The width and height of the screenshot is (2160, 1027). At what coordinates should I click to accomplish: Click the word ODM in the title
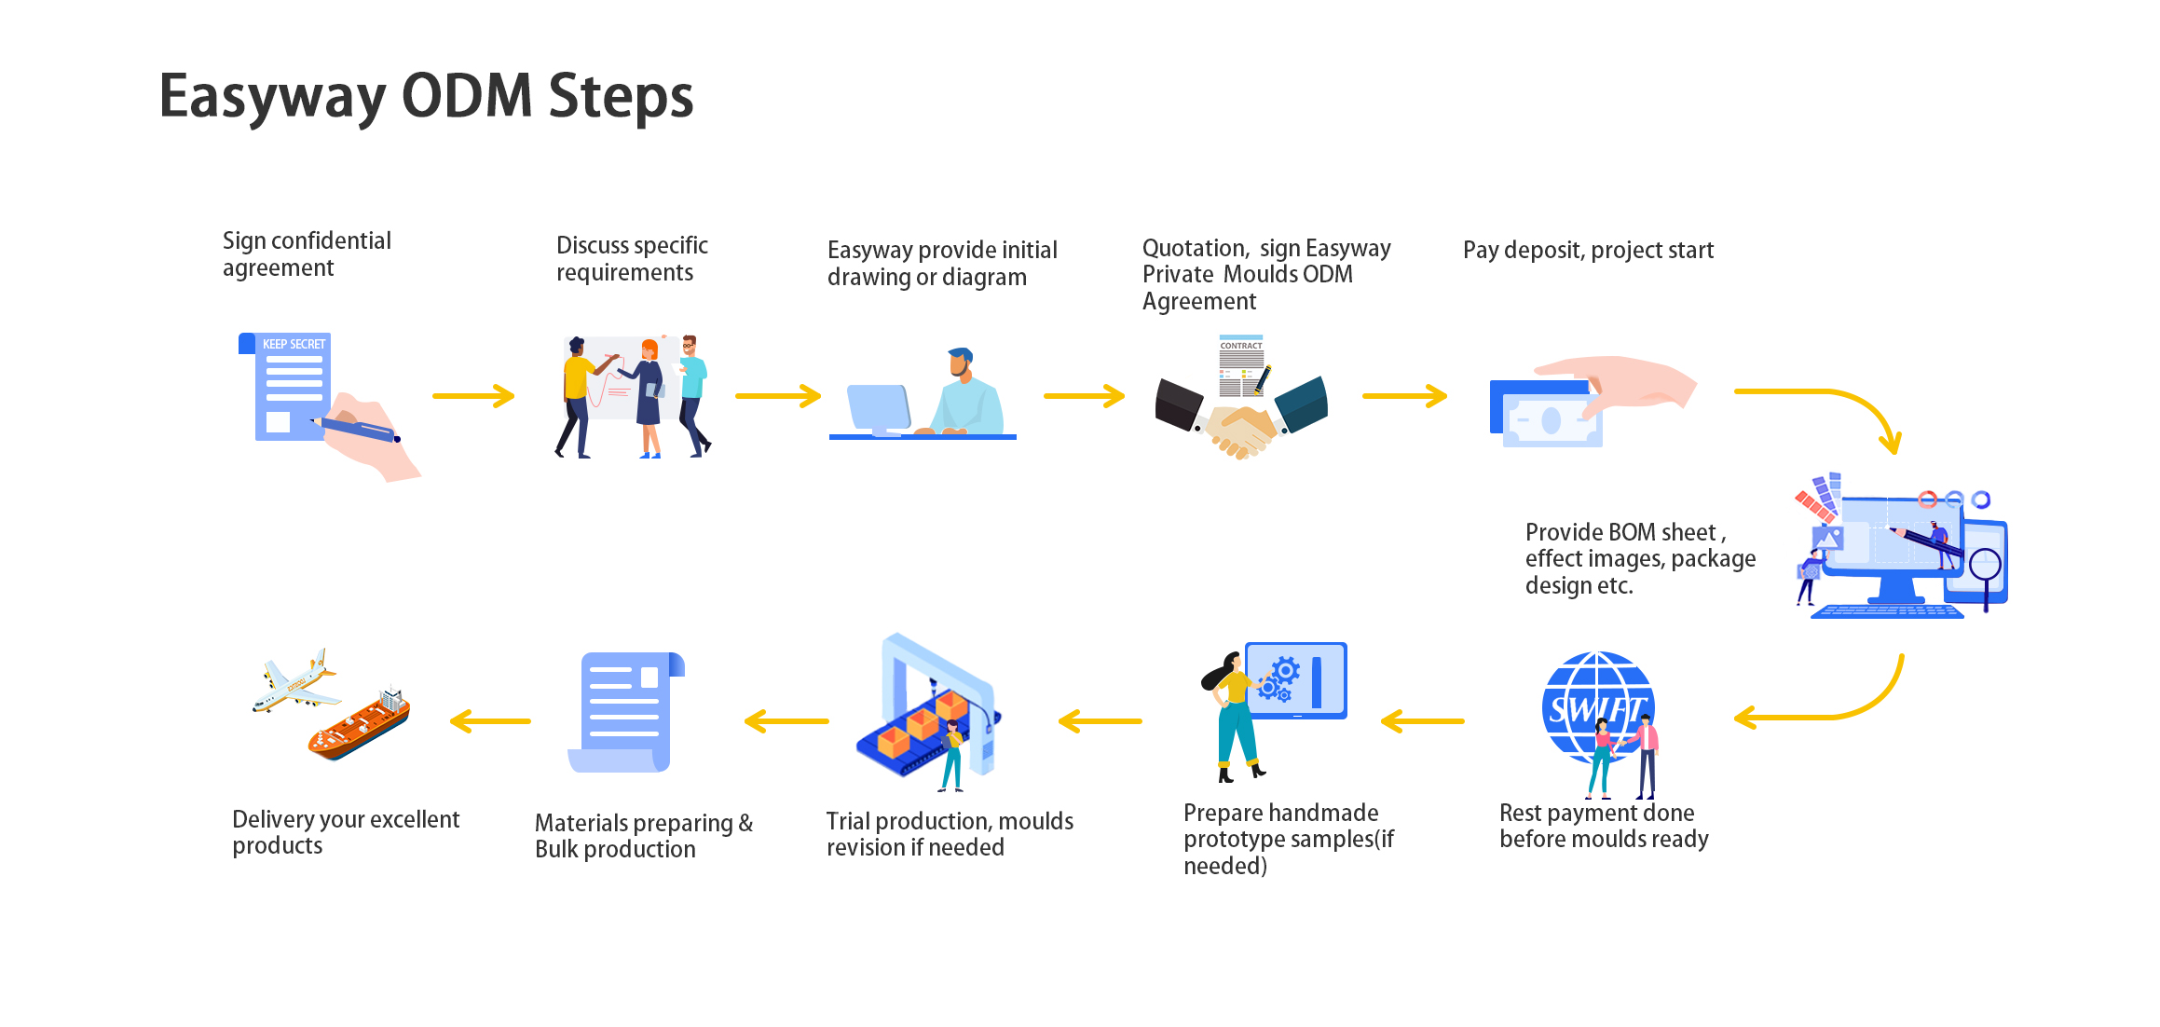tap(466, 95)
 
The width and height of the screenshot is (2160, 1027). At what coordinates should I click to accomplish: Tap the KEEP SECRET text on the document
tap(294, 344)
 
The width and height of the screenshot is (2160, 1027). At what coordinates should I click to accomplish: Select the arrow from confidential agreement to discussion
tap(473, 396)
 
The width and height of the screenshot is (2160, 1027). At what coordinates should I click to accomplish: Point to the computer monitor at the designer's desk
tap(879, 409)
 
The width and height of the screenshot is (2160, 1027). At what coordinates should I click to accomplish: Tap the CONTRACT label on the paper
tap(1241, 346)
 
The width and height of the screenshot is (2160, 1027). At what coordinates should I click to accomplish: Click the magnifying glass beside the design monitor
tap(1986, 568)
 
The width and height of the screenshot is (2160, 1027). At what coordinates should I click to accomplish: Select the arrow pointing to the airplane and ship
tap(490, 721)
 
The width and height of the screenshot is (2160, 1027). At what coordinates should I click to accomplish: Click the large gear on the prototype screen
tap(1287, 669)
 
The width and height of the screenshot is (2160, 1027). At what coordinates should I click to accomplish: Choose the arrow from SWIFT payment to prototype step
tap(1422, 721)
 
